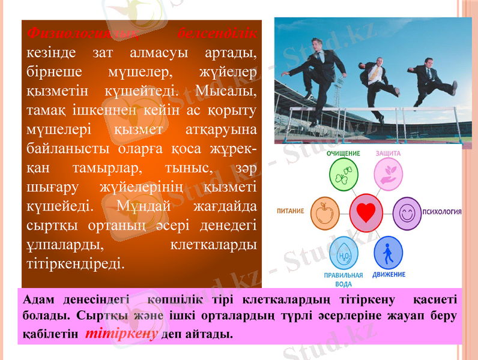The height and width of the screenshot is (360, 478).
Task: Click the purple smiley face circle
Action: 407,212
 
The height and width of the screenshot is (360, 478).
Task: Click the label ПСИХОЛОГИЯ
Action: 442,212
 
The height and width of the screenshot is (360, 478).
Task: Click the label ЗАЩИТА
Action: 388,154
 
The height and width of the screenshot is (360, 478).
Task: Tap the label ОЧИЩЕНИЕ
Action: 343,154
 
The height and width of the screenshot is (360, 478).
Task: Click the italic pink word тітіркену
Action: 121,334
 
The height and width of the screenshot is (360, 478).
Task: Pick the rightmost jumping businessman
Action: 430,78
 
